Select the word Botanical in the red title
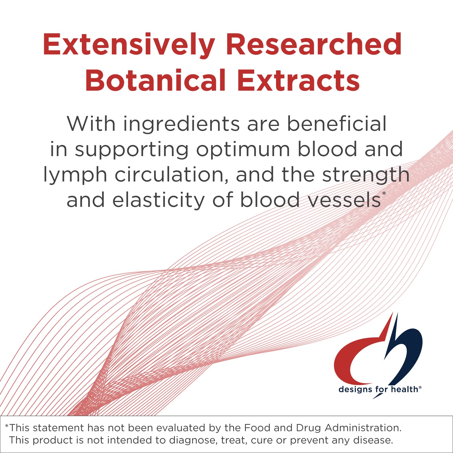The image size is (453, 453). pyautogui.click(x=155, y=80)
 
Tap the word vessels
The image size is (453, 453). pyautogui.click(x=344, y=200)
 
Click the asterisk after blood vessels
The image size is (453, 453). pyautogui.click(x=384, y=194)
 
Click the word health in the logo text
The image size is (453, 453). pyautogui.click(x=404, y=389)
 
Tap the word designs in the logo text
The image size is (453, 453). pyautogui.click(x=355, y=390)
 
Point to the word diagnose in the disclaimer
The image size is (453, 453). pyautogui.click(x=193, y=440)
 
